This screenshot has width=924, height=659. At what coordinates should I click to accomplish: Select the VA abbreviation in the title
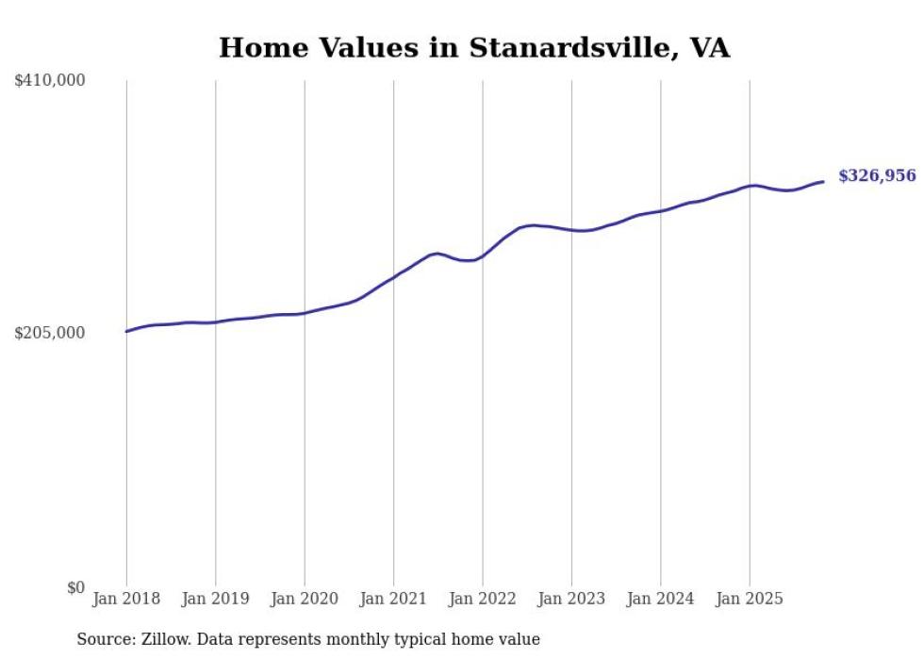pos(709,48)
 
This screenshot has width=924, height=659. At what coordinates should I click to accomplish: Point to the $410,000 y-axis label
pos(50,81)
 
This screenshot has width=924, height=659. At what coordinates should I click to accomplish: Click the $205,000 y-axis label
pos(50,333)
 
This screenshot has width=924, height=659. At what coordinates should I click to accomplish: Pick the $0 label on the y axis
pos(75,587)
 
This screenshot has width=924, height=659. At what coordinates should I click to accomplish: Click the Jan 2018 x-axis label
pos(126,599)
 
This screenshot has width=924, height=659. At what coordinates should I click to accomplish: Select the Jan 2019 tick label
pos(215,599)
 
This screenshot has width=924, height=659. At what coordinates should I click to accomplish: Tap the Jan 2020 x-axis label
pos(305,599)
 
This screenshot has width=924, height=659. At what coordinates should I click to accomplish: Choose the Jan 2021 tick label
pos(393,599)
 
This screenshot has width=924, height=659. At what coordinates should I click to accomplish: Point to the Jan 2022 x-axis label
pos(483,599)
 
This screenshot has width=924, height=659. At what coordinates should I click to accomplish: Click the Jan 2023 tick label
pos(571,599)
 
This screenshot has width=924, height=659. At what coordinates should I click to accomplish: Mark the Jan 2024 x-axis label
pos(660,599)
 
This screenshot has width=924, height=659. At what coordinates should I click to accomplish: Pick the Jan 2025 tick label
pos(750,599)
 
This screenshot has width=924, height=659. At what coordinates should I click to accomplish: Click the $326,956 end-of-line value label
pos(876,176)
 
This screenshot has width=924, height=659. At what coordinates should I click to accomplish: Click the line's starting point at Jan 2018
pos(126,331)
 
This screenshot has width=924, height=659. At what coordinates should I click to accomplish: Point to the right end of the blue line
pos(823,181)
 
